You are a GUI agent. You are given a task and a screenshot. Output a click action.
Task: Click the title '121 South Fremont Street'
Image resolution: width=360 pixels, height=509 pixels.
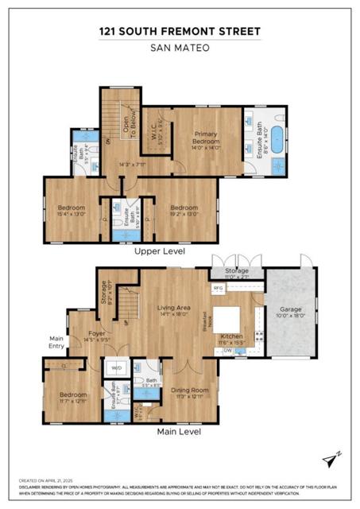[x=180, y=31]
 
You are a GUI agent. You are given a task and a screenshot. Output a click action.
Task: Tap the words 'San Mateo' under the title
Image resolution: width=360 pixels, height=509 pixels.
[x=180, y=46]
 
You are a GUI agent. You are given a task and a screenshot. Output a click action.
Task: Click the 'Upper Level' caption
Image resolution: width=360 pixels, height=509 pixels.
[x=159, y=251]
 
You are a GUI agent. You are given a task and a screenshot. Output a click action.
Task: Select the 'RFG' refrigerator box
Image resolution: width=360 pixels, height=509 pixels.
[x=219, y=288]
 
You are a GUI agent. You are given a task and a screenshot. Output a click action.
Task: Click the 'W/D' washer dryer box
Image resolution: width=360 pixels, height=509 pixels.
[x=115, y=368]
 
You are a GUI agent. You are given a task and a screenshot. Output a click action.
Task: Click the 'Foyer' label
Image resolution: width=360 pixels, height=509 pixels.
[x=95, y=335]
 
